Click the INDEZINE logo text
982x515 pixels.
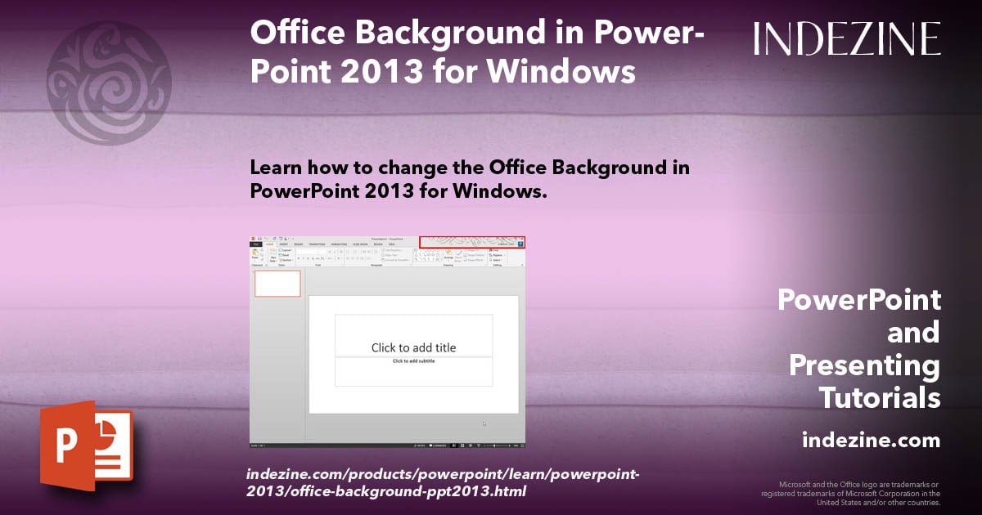pyautogui.click(x=847, y=38)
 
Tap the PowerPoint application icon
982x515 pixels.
pyautogui.click(x=86, y=446)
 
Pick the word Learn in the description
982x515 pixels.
pyautogui.click(x=279, y=168)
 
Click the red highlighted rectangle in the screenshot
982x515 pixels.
pyautogui.click(x=471, y=242)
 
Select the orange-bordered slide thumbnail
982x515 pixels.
pyautogui.click(x=277, y=284)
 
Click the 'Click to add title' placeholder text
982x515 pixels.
pyautogui.click(x=413, y=347)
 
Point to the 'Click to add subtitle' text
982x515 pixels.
pyautogui.click(x=413, y=360)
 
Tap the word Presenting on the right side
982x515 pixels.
pyautogui.click(x=864, y=365)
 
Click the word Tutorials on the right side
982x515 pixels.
pyautogui.click(x=879, y=398)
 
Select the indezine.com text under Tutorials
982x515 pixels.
pyautogui.click(x=871, y=441)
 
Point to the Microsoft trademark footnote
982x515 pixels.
pyautogui.click(x=851, y=493)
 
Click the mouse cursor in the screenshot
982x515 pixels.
pyautogui.click(x=484, y=423)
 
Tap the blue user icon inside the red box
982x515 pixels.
pyautogui.click(x=520, y=243)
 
